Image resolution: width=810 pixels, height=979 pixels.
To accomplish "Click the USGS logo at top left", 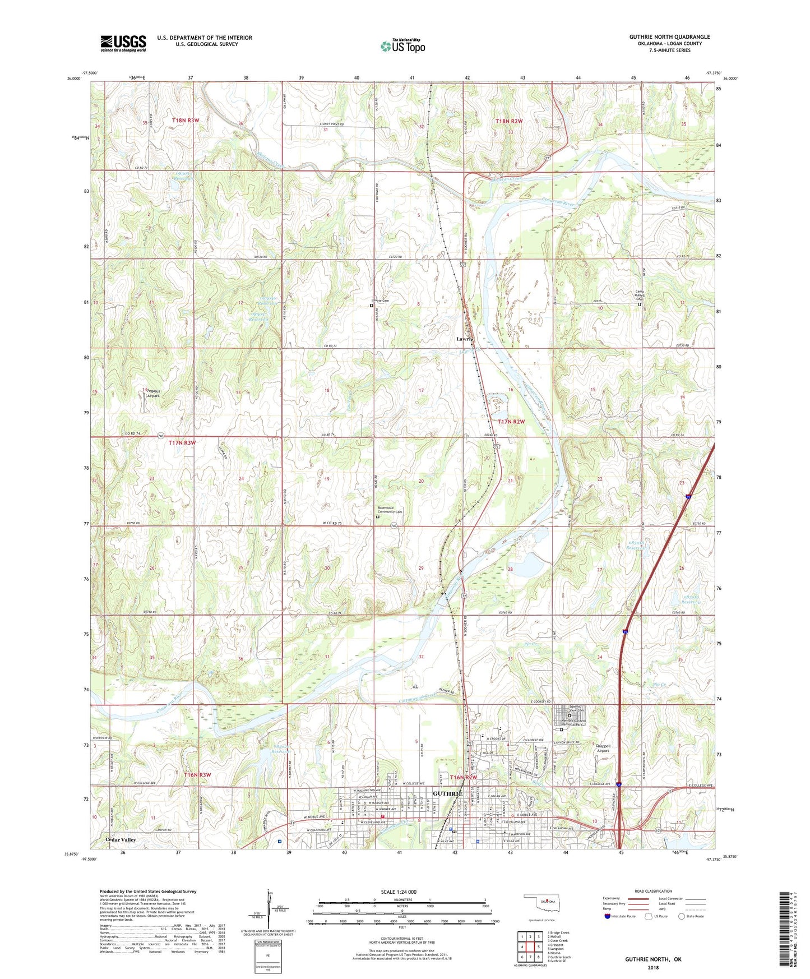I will [123, 43].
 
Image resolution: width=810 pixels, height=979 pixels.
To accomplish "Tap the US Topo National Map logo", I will [403, 46].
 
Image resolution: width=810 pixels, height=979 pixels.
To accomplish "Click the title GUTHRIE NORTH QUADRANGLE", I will [669, 37].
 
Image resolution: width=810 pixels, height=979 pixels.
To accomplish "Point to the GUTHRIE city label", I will [447, 794].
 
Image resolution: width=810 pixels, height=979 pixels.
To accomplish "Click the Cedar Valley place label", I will [121, 840].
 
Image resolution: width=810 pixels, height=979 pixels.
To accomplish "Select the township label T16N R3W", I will [197, 775].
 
